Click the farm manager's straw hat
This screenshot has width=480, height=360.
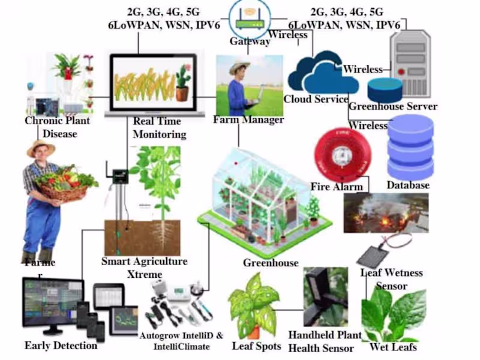[239, 65]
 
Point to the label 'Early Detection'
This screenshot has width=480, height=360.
[61, 346]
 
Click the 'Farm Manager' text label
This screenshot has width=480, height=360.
[248, 120]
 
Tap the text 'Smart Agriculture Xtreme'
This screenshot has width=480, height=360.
[144, 268]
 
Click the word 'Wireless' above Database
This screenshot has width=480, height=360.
[368, 126]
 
